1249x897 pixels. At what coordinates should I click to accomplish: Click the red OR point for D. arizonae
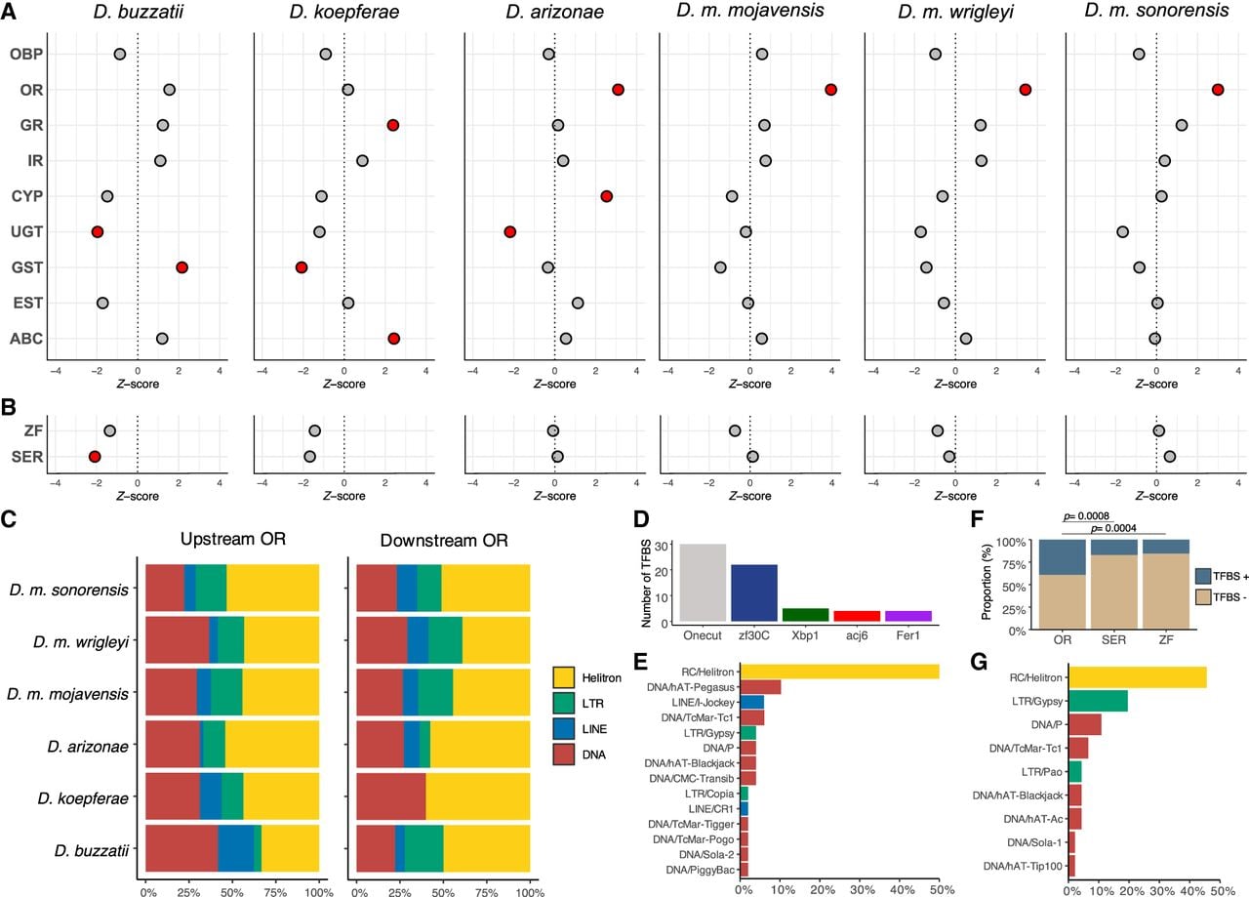[x=618, y=90]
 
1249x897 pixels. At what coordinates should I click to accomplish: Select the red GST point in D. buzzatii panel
[x=181, y=267]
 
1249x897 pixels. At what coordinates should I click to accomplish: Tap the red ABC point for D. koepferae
[x=393, y=339]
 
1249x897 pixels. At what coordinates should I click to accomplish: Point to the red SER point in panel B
[x=95, y=457]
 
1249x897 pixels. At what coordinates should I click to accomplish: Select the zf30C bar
[x=754, y=593]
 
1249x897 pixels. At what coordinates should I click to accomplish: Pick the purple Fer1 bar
[x=908, y=617]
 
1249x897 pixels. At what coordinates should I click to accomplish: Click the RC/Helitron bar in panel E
[x=840, y=672]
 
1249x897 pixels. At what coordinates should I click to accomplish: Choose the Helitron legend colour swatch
[x=564, y=677]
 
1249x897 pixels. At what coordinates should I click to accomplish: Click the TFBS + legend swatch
[x=1203, y=576]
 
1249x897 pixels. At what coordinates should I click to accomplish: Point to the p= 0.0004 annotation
[x=1113, y=528]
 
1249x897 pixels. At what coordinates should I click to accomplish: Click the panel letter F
[x=977, y=519]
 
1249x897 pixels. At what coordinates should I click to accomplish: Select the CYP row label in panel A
[x=26, y=196]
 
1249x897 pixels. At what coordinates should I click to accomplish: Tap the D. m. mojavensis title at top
[x=750, y=11]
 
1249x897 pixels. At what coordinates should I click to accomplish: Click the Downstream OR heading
[x=444, y=540]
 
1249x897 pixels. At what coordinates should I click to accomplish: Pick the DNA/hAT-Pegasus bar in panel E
[x=760, y=687]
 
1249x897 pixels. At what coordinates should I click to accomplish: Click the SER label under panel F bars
[x=1114, y=640]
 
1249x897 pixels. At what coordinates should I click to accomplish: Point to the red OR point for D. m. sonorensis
[x=1218, y=90]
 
